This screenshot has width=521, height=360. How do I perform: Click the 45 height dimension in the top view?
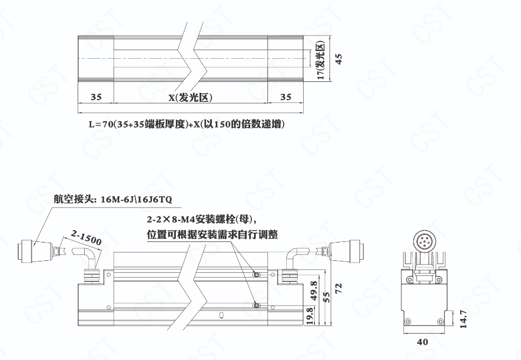coord(339,59)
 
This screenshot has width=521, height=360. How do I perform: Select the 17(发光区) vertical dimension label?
coord(321,61)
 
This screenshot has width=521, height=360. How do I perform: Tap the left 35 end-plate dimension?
coord(96,97)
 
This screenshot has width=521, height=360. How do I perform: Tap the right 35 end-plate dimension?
coord(286,97)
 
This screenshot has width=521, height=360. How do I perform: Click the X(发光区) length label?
coord(191,98)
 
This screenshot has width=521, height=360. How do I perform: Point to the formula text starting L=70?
coord(187,124)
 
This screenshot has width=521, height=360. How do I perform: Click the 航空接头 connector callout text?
coord(113,199)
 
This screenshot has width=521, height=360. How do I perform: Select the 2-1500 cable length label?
coord(86,238)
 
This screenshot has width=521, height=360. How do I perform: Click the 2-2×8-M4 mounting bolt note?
coord(203,219)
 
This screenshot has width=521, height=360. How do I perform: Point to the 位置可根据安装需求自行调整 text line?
coord(212,234)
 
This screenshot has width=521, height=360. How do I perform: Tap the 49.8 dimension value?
coord(313,291)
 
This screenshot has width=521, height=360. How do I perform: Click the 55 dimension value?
coord(327,297)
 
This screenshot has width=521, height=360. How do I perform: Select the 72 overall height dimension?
coord(339,288)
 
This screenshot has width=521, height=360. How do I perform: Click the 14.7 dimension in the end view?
coord(463,319)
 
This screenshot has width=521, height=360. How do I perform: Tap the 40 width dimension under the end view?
coord(422,342)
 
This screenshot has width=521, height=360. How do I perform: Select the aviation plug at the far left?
coord(35,252)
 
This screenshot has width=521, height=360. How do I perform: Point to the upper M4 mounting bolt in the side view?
coord(256,275)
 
